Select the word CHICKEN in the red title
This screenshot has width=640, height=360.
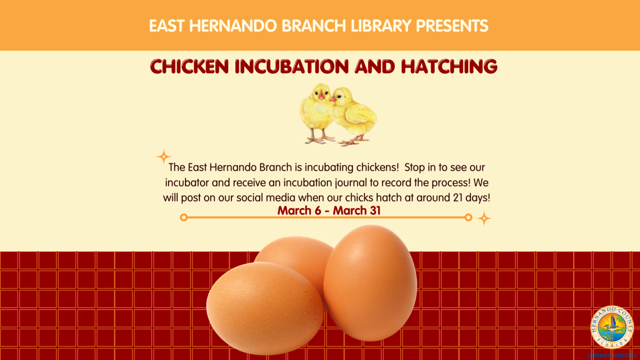[190, 67]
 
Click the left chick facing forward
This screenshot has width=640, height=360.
[317, 112]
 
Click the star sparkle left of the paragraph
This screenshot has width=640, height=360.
[163, 157]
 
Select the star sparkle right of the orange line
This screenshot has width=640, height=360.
[484, 218]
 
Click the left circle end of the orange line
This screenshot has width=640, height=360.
[183, 218]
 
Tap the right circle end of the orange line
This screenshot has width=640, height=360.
[468, 218]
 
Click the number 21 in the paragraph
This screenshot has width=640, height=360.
[437, 197]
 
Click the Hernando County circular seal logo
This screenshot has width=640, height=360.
[611, 327]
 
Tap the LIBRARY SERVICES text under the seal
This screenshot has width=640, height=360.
[611, 355]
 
